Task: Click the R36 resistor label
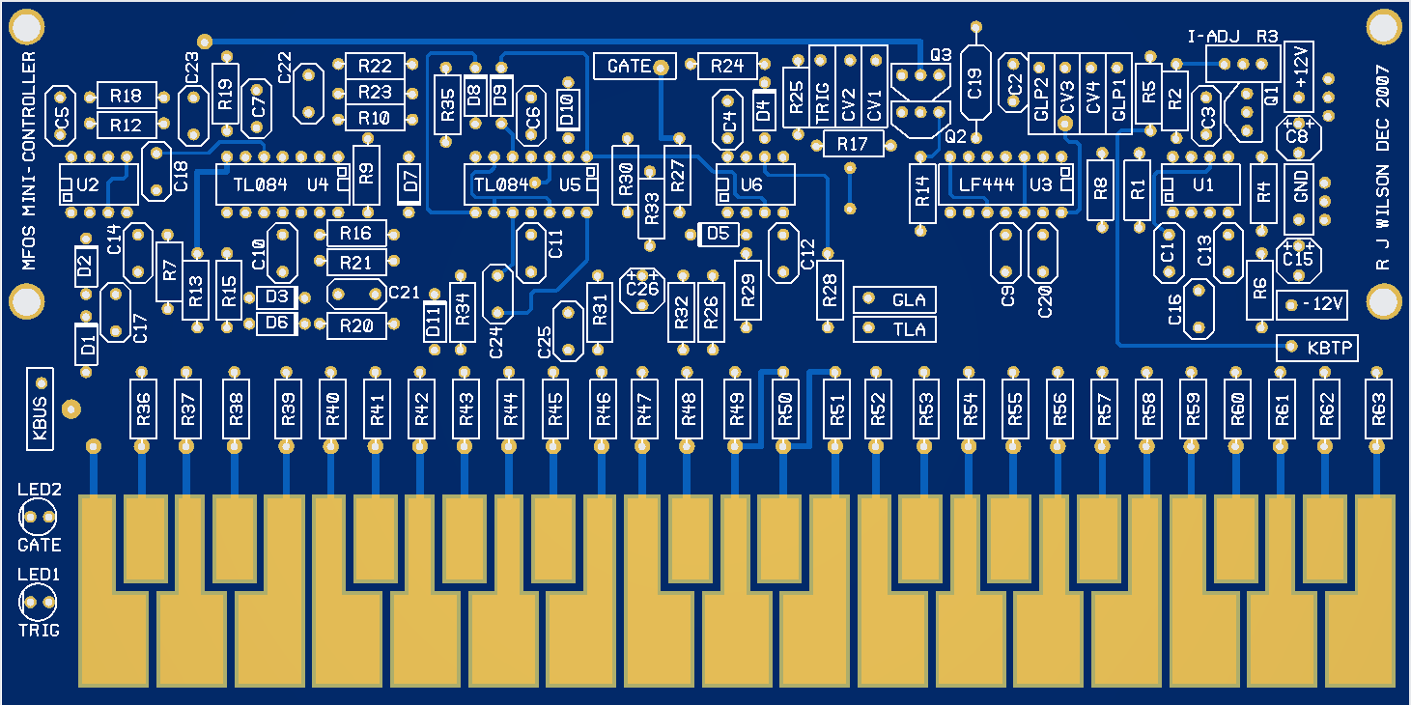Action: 143,409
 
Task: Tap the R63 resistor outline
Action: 1378,409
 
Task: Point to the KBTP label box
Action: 1317,348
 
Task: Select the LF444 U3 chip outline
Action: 1005,183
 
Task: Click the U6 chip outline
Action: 754,183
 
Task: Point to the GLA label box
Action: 895,300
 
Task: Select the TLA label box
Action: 895,329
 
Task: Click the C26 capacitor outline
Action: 642,289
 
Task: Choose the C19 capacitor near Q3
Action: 975,86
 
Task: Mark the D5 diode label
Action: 718,234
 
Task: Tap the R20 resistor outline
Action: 356,325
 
